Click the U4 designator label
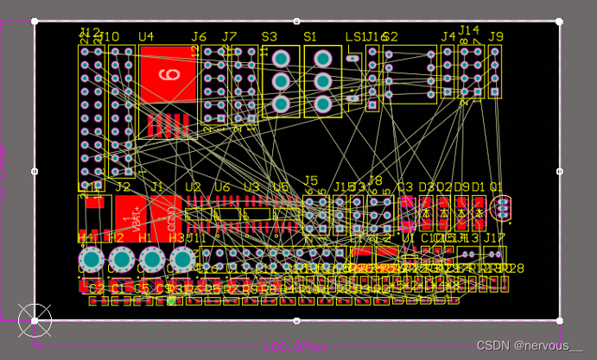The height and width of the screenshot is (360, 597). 146,37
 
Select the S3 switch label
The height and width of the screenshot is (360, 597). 270,37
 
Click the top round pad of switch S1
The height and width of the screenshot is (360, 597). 322,59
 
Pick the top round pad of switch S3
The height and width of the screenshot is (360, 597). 281,59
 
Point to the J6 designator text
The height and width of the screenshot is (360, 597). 199,37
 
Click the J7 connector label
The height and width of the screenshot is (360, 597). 229,37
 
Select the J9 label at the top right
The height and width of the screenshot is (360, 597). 495,36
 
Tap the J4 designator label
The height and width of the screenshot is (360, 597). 448,37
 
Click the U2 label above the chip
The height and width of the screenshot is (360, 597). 193,186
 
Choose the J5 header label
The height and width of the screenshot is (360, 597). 311,180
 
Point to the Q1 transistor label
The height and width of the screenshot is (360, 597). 496,186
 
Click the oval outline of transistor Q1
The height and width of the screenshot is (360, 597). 501,208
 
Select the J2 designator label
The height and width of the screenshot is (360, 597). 124,186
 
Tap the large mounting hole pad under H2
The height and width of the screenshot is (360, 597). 121,259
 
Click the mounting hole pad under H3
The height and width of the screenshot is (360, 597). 182,259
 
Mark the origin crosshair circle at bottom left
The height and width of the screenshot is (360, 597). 35,319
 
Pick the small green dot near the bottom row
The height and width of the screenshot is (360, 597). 172,300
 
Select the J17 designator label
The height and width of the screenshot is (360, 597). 494,237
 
